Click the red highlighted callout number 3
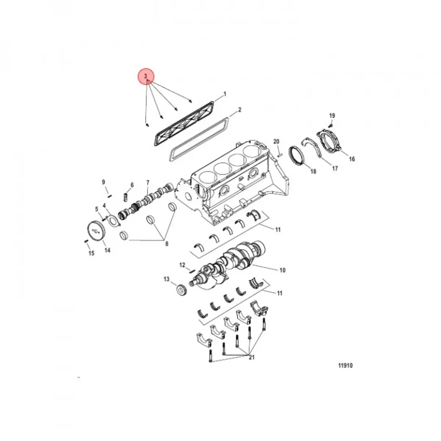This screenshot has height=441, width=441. tap(146, 76)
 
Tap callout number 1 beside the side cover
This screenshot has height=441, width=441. tap(225, 94)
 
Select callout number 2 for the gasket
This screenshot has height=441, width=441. tap(240, 110)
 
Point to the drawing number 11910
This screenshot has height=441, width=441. tap(345, 366)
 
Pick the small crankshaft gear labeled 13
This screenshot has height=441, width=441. tap(180, 290)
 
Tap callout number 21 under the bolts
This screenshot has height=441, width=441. tap(251, 358)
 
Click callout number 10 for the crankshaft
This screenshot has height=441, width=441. tap(282, 270)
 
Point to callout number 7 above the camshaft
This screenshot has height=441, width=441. tap(148, 183)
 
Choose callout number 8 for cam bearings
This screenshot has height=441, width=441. tap(166, 244)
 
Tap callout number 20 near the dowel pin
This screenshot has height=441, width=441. tap(276, 142)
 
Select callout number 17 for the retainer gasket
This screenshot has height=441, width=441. tap(335, 169)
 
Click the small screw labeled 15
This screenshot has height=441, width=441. tap(86, 241)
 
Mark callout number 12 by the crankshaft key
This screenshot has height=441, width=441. tap(182, 265)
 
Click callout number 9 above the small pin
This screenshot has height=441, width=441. tap(103, 182)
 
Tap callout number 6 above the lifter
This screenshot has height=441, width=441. tap(132, 185)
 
